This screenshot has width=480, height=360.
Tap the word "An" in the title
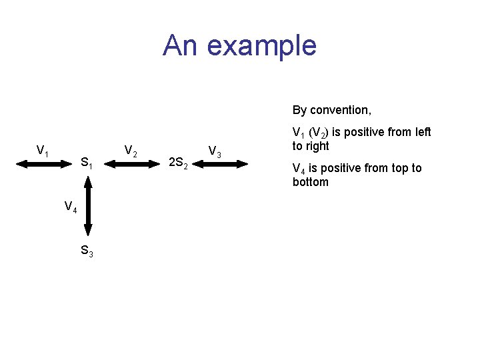181,45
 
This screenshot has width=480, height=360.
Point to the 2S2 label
179,162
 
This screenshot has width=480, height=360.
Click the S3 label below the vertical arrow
87,251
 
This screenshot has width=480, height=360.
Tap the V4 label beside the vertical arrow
71,207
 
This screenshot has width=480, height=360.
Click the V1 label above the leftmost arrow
43,151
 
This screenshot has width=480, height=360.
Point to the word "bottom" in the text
311,182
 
